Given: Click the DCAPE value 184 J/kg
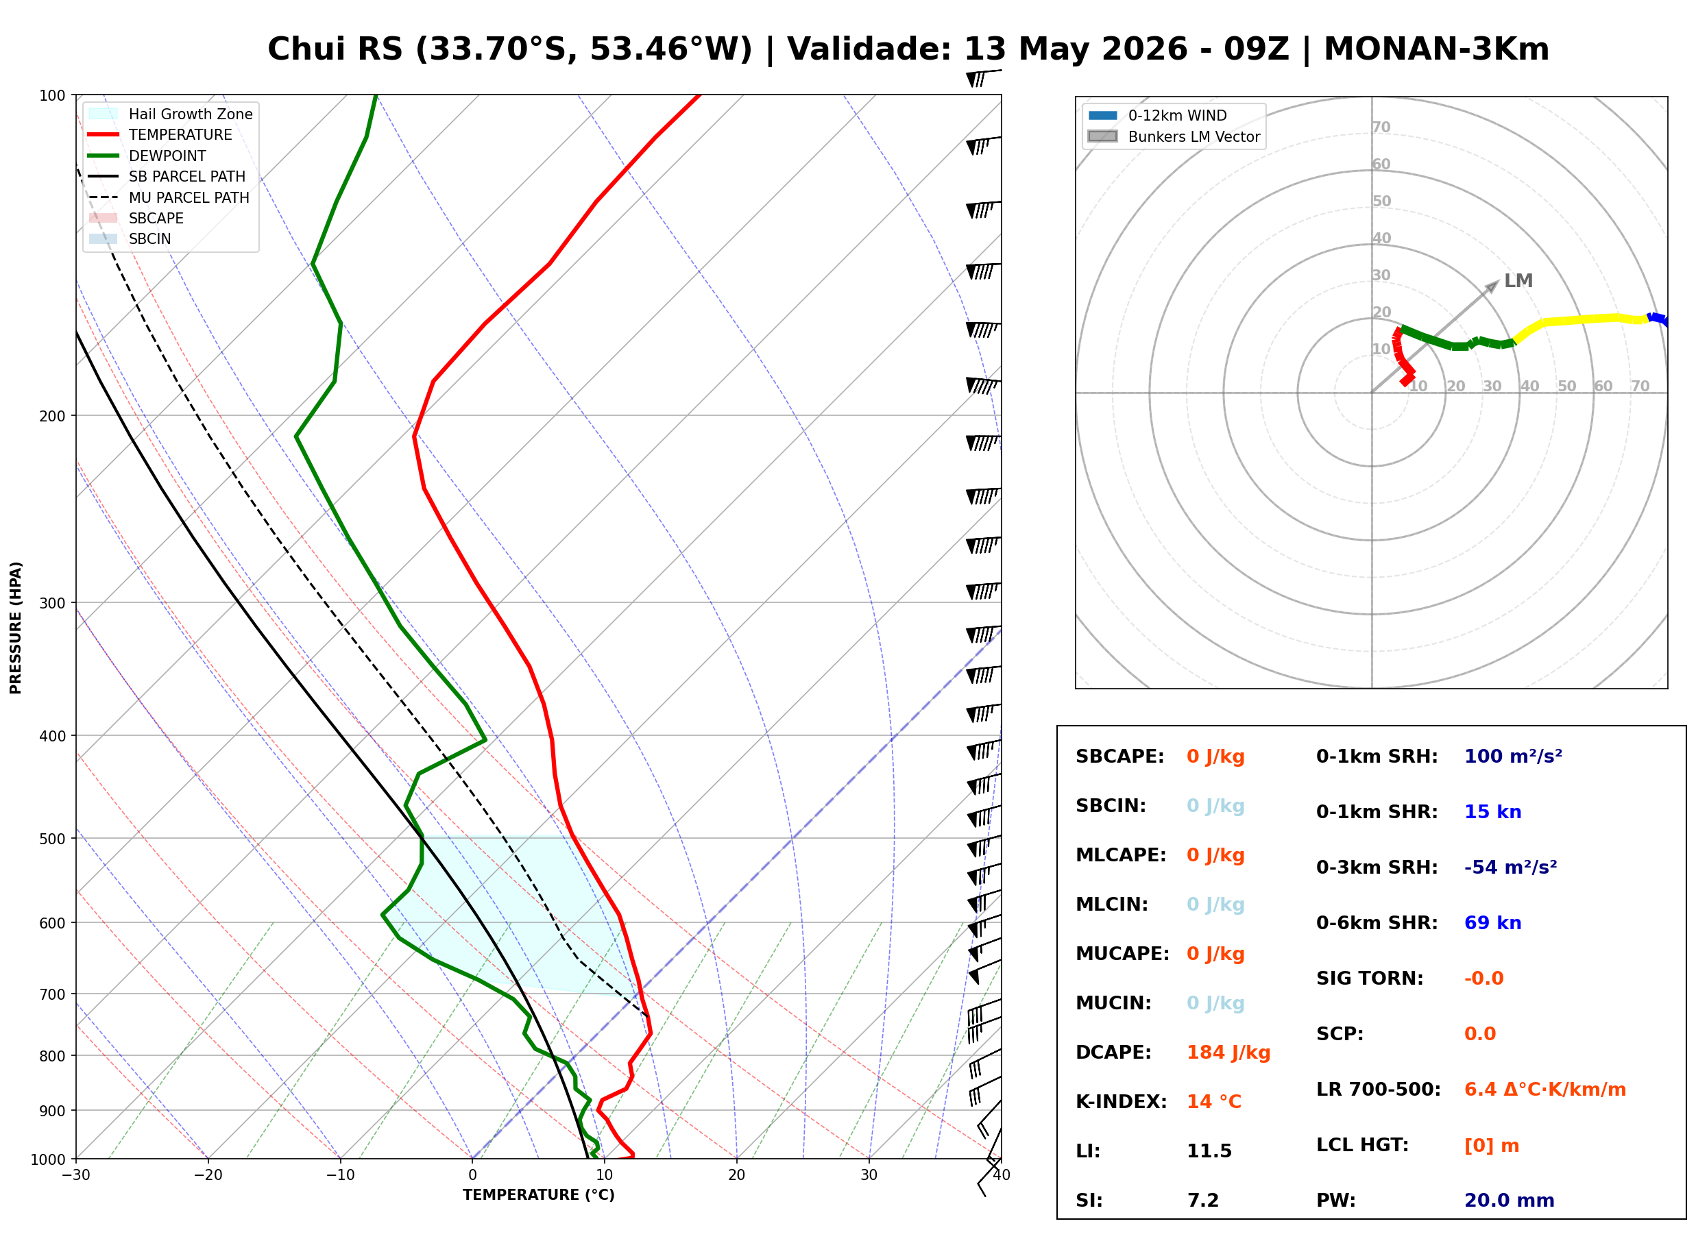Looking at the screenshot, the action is [x=1228, y=1053].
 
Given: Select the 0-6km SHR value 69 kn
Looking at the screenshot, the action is [x=1492, y=923].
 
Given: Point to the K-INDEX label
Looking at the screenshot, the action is [x=1122, y=1102].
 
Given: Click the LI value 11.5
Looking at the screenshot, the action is [x=1209, y=1151].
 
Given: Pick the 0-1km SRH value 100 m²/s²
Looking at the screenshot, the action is [x=1513, y=757].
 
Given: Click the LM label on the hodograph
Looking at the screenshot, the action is [x=1518, y=281].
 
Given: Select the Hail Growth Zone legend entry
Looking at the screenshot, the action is [x=171, y=114].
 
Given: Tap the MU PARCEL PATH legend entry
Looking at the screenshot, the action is [x=169, y=197].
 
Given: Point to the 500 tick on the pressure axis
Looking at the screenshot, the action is [x=52, y=839].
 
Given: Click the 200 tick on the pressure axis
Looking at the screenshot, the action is [x=52, y=416].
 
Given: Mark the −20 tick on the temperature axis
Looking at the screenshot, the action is [x=208, y=1175].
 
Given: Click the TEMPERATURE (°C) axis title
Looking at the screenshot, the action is [x=539, y=1195].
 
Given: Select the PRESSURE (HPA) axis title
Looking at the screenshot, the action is [x=16, y=628].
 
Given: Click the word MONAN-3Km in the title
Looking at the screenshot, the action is [x=1436, y=49].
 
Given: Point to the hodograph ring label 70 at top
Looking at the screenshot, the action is [x=1381, y=127].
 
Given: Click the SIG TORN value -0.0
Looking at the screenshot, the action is [x=1484, y=979].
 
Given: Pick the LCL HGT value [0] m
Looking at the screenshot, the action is [x=1492, y=1146].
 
